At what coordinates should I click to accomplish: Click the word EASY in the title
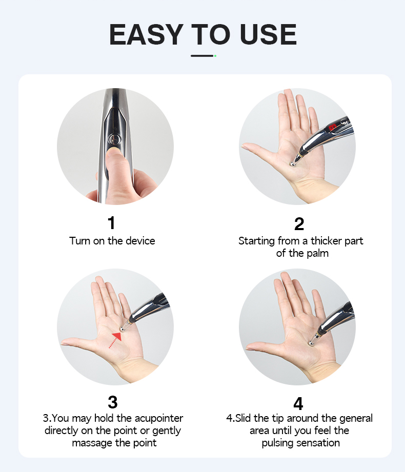point(146,34)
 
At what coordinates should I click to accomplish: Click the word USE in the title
point(268,34)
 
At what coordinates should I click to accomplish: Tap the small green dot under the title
point(215,56)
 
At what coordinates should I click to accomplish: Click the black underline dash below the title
point(202,56)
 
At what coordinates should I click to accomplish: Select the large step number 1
point(111,223)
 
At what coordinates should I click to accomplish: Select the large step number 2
point(299,223)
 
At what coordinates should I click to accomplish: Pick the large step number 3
point(113,402)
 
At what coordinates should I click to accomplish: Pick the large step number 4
point(298,404)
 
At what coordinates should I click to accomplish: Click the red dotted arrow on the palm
point(116,340)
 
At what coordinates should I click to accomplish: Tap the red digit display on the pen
point(332,128)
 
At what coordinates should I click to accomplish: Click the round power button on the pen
point(114,139)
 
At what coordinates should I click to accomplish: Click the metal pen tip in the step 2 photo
point(292,164)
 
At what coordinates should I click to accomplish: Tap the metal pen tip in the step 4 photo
point(311,342)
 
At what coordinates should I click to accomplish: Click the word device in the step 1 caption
point(140,241)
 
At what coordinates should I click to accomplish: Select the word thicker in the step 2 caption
point(326,241)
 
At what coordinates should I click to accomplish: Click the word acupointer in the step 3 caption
point(159,419)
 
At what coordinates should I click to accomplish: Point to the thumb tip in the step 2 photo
point(244,147)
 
